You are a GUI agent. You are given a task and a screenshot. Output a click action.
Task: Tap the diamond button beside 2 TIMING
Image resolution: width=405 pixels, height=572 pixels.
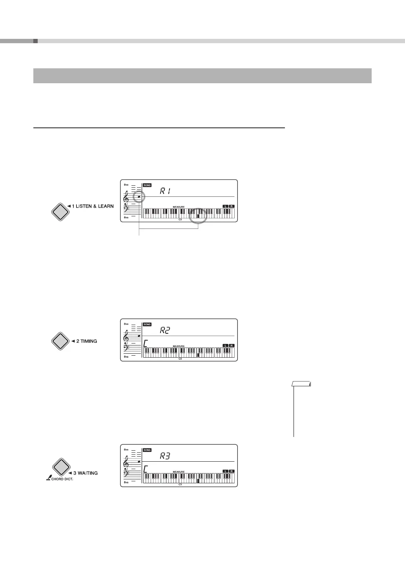point(60,341)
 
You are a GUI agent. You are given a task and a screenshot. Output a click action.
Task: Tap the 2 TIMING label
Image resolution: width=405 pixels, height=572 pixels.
point(87,341)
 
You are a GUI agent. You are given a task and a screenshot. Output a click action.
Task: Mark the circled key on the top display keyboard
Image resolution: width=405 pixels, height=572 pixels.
point(199,216)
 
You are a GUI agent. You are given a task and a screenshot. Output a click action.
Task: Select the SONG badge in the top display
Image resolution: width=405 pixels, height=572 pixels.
point(147,185)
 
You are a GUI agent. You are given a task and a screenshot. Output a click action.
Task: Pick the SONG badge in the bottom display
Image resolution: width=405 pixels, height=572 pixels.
point(147,450)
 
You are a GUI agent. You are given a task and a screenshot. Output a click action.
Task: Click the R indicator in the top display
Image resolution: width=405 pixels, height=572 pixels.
point(232,206)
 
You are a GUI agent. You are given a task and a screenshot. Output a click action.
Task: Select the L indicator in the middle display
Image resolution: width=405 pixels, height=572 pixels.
point(225,345)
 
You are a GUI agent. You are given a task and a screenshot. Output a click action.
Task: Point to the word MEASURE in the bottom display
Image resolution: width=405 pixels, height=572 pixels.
point(179,471)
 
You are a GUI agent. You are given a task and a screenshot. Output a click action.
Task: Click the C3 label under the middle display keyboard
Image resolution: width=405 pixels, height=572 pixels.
point(180,359)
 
